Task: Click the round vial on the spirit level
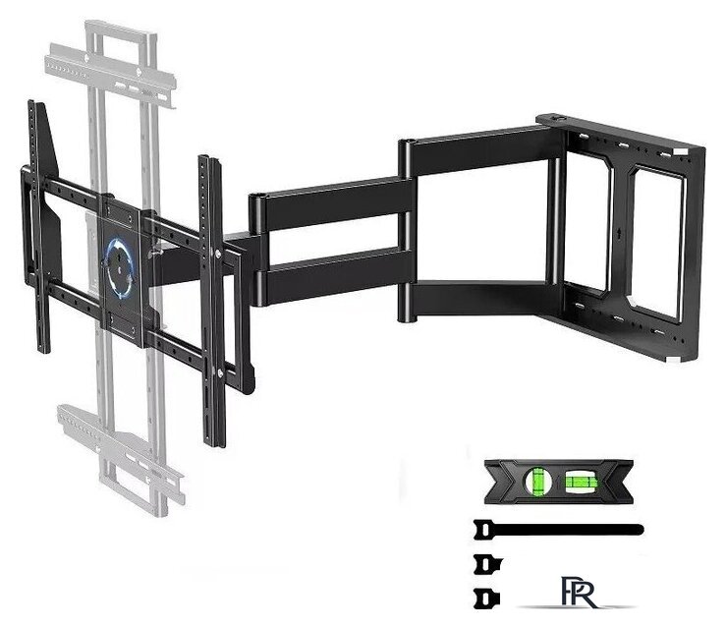(x=537, y=482)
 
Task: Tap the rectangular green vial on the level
(x=579, y=482)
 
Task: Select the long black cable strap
(x=559, y=530)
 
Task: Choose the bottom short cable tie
(x=487, y=598)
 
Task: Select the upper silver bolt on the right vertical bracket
(x=217, y=253)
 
